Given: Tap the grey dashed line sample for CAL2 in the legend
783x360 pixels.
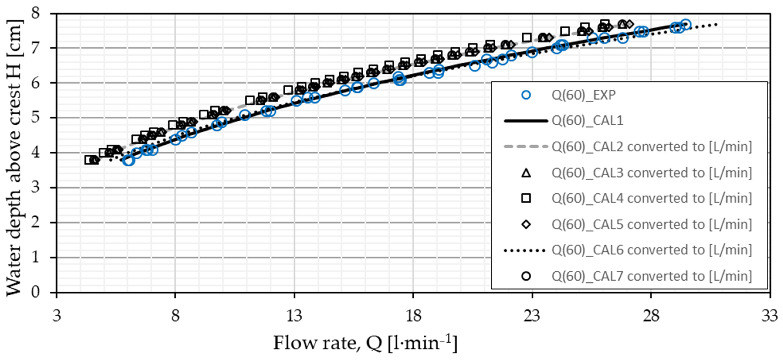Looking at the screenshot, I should (526, 147).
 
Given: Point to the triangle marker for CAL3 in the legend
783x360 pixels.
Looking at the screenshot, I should (526, 173).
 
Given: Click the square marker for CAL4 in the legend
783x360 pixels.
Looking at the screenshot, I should (526, 198).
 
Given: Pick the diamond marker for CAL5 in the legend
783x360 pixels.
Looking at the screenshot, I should (526, 224).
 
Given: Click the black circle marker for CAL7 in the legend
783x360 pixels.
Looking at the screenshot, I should (526, 276).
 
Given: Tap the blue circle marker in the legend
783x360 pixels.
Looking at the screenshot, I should (526, 95).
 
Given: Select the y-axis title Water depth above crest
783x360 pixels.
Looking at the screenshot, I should (14, 158).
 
